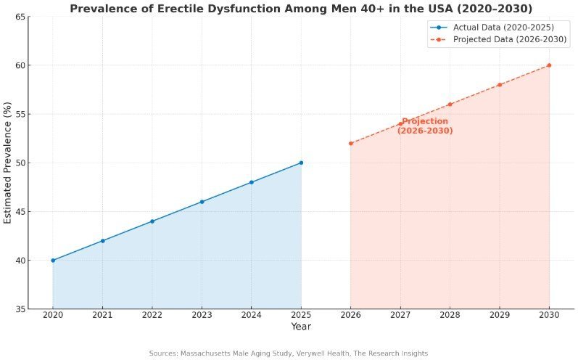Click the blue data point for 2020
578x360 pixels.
(53, 260)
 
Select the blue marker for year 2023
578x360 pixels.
(202, 202)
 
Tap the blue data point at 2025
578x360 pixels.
(301, 163)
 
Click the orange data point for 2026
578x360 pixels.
(350, 143)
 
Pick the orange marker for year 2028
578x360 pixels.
(450, 105)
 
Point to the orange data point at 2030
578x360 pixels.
(549, 65)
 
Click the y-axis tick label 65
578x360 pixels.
(22, 17)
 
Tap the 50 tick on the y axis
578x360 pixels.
(22, 163)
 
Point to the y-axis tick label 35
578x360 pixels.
(22, 309)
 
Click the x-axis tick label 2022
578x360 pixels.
(152, 316)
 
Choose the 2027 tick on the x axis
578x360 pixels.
(400, 316)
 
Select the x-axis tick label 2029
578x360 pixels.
(500, 316)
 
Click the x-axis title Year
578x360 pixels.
(301, 327)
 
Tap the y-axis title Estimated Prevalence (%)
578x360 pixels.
(8, 163)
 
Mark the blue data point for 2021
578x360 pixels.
(102, 240)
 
